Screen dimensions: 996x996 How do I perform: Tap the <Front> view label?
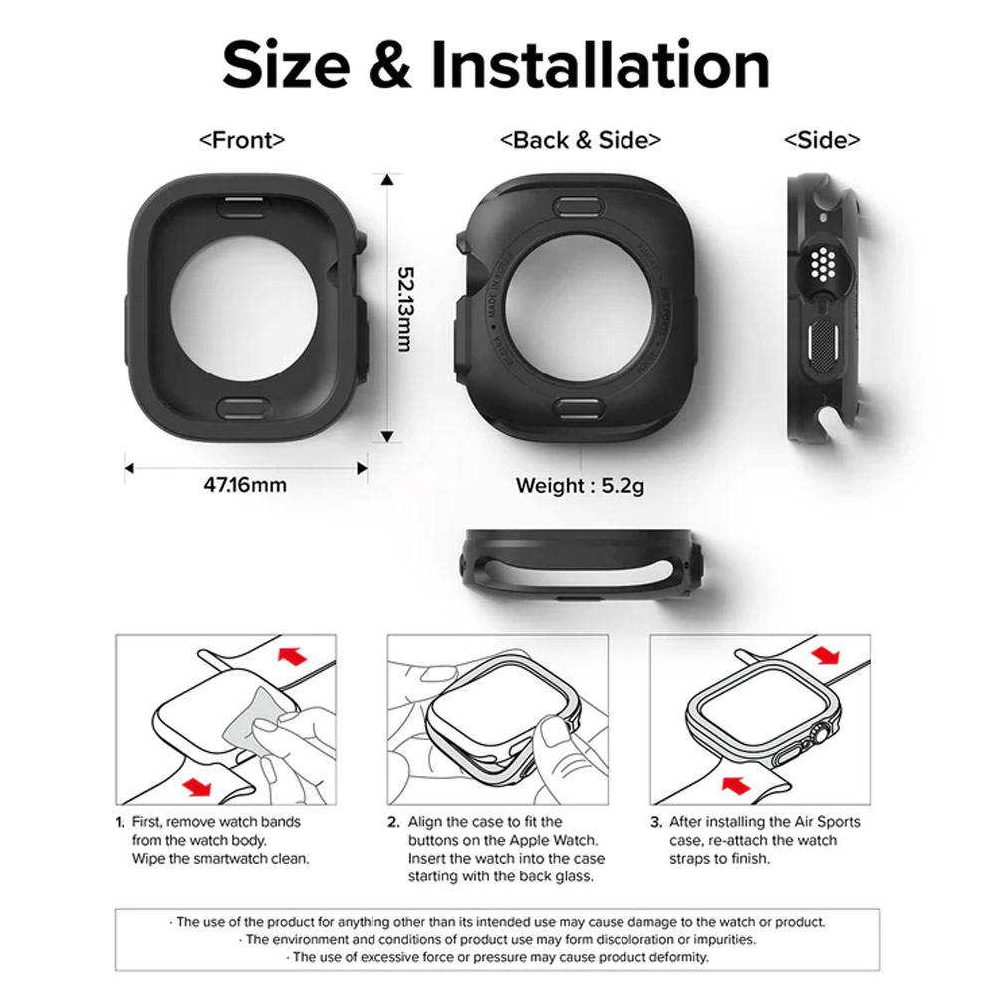242,140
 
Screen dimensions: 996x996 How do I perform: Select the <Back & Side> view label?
580,140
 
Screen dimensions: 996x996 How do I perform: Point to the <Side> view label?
822,140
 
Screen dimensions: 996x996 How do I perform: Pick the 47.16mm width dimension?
245,485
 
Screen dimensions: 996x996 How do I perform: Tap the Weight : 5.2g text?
580,486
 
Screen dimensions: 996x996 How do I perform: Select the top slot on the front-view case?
242,206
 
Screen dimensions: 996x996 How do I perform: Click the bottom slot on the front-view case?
242,404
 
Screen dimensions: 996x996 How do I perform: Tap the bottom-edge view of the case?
581,567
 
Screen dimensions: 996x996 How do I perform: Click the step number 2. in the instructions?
394,822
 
